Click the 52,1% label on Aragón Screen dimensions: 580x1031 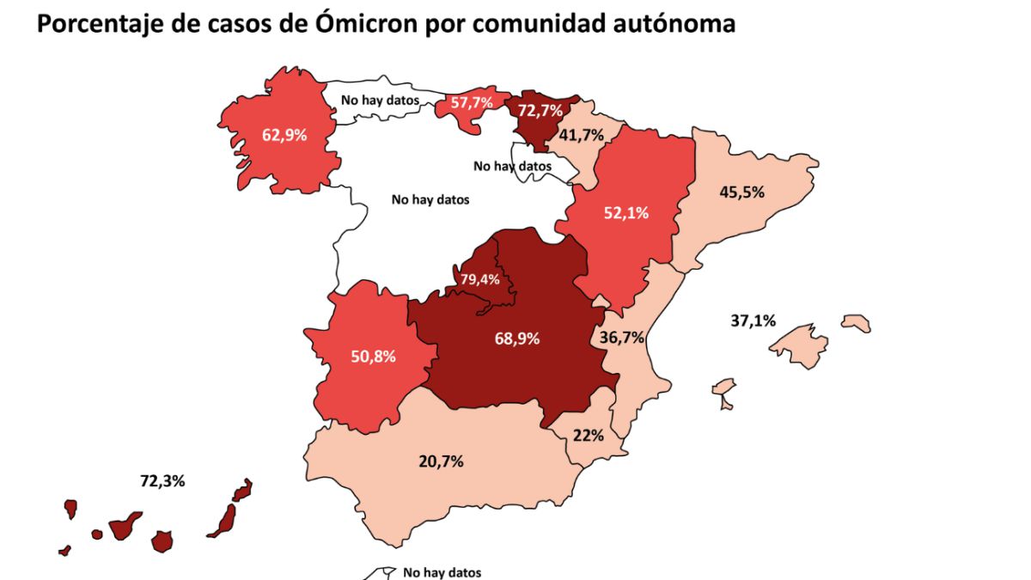(x=625, y=213)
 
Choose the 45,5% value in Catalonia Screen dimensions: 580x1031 (x=741, y=192)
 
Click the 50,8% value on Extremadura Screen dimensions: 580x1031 (x=373, y=356)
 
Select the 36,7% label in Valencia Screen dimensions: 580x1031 (x=622, y=338)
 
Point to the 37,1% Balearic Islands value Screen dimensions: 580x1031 (x=753, y=321)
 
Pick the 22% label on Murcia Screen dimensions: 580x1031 (x=589, y=435)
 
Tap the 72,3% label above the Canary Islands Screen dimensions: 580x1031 (x=162, y=481)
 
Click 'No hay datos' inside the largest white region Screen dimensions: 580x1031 (x=430, y=199)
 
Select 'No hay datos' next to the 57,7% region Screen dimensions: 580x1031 (x=380, y=100)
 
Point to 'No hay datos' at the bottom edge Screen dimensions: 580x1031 (x=442, y=572)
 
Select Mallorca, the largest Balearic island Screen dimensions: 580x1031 (x=799, y=348)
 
